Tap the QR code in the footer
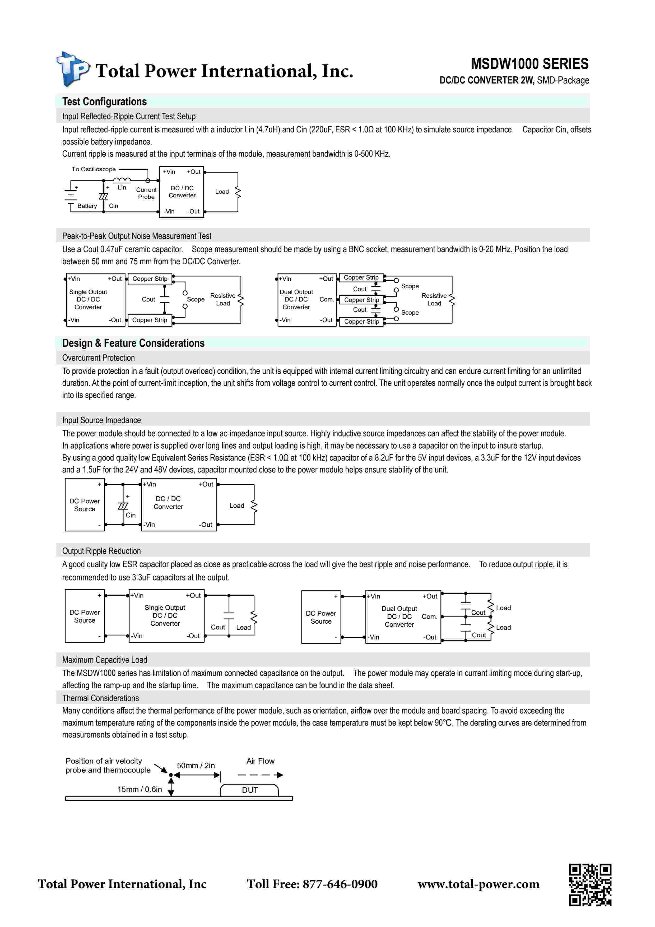tap(590, 885)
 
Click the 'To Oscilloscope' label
tap(94, 169)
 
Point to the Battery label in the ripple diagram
tap(87, 206)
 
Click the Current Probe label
tap(146, 193)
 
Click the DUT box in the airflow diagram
tap(249, 790)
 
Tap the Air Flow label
tap(260, 761)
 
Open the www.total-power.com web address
tap(478, 884)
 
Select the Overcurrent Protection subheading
tap(99, 358)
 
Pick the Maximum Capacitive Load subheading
tap(105, 660)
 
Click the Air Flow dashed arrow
tap(260, 775)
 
